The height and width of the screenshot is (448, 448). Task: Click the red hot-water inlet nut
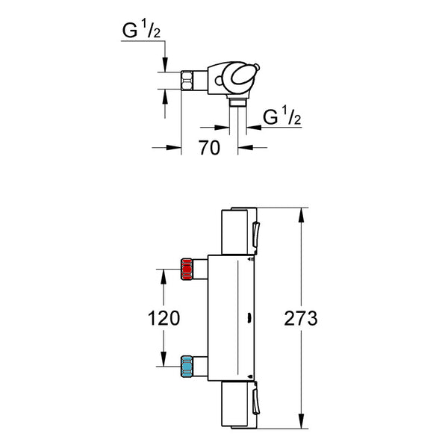click(187, 269)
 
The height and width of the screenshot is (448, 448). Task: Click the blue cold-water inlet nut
click(187, 367)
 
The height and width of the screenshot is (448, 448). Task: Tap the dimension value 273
click(301, 318)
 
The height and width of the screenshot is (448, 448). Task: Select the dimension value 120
click(164, 318)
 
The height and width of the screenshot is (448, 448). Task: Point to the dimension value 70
click(209, 148)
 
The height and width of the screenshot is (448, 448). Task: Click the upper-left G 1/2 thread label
click(141, 30)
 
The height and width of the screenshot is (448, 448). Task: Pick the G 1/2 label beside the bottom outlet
click(282, 116)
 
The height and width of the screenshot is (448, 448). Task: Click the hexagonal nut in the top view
click(187, 81)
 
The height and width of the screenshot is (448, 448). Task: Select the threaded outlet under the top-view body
click(237, 102)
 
